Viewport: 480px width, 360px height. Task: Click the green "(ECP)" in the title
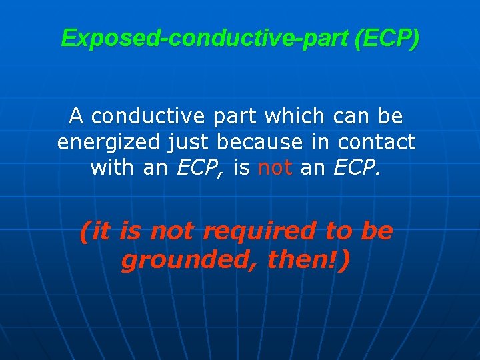(388, 39)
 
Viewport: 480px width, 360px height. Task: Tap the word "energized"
(109, 142)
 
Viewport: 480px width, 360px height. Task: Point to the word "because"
(256, 141)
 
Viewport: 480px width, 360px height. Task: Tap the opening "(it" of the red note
(95, 232)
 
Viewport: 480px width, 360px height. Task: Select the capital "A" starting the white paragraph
(76, 117)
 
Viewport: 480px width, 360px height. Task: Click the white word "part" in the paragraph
(237, 117)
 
